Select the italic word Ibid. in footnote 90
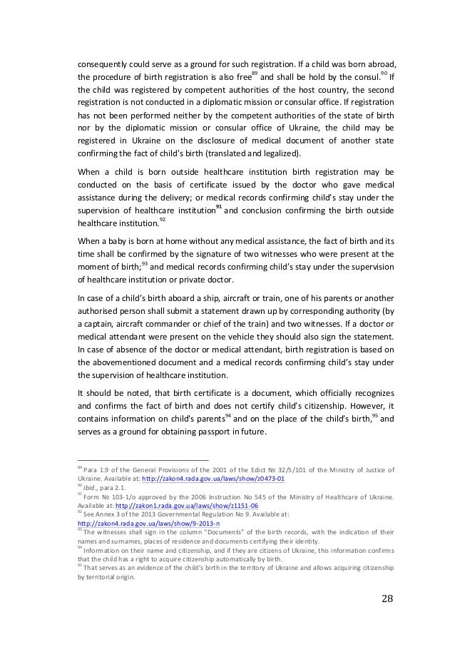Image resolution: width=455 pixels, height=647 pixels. click(x=91, y=488)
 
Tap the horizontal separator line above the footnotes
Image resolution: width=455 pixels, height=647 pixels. click(x=142, y=460)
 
